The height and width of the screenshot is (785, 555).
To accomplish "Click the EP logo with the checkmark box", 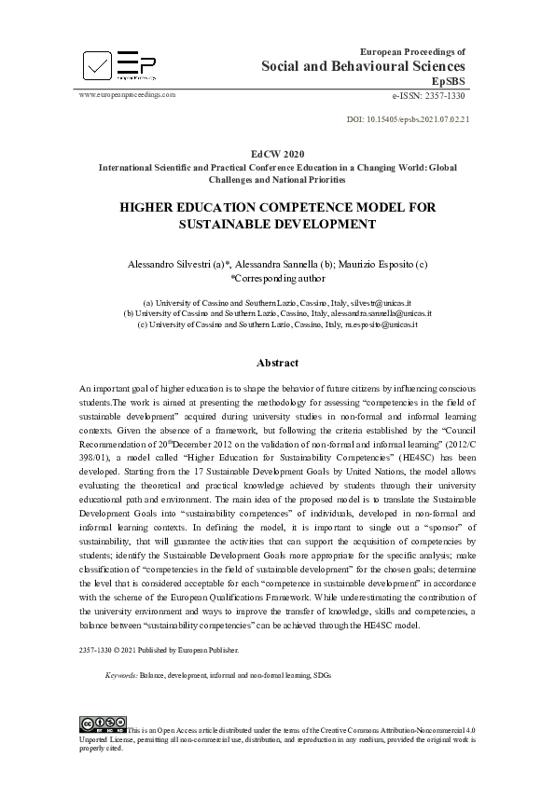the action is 118,64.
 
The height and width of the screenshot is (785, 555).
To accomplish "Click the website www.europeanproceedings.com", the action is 127,95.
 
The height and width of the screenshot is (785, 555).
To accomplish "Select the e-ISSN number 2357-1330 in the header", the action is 430,95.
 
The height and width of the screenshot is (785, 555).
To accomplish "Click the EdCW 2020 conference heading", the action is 277,152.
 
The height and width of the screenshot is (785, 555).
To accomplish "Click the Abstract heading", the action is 277,363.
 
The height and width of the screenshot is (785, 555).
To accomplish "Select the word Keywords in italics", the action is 121,673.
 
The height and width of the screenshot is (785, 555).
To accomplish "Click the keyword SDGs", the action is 321,673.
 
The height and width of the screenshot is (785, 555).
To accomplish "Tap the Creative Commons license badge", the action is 103,723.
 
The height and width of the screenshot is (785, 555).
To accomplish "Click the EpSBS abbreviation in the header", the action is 449,82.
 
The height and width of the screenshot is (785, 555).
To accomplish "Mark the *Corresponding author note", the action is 277,278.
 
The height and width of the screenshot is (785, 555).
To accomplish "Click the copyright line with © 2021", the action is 159,649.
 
